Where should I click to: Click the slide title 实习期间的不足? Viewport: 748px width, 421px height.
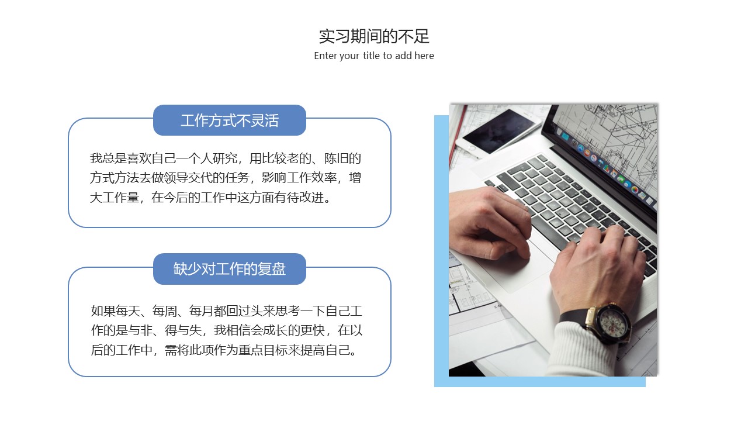pyautogui.click(x=374, y=36)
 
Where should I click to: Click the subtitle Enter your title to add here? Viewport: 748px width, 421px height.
pyautogui.click(x=374, y=56)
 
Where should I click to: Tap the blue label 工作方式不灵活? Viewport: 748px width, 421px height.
pyautogui.click(x=230, y=120)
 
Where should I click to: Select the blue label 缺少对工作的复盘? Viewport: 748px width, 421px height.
pyautogui.click(x=230, y=269)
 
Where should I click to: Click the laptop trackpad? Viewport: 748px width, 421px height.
pyautogui.click(x=521, y=264)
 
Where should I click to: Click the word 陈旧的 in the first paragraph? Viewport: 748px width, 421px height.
pyautogui.click(x=342, y=158)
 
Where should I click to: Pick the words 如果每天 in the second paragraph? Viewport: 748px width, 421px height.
pyautogui.click(x=116, y=311)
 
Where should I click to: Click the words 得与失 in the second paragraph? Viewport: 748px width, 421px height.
pyautogui.click(x=183, y=330)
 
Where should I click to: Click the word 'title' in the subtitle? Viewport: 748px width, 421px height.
pyautogui.click(x=371, y=56)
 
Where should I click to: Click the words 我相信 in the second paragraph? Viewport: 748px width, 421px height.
pyautogui.click(x=232, y=330)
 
